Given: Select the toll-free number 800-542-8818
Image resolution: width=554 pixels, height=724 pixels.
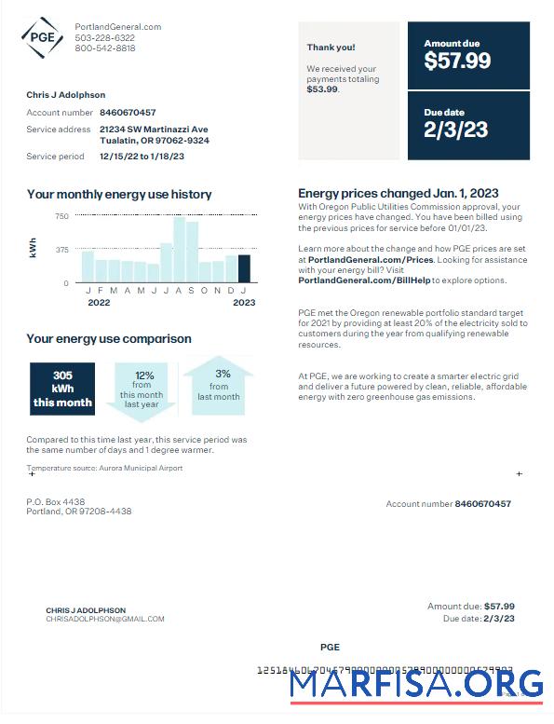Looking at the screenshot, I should pos(104,48).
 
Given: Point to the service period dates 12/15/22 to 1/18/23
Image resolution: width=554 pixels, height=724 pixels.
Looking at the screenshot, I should pos(142,157).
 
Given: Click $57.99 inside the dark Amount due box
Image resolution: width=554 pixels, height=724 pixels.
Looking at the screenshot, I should pos(457,61).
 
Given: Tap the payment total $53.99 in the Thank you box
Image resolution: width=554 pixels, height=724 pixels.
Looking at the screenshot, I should pos(322,89).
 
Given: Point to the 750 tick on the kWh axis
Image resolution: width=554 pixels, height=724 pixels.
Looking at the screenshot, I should pos(61,216).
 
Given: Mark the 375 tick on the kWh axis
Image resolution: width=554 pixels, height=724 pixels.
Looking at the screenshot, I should pos(61,249).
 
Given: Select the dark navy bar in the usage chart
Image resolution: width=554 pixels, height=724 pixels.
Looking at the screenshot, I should pos(244,268).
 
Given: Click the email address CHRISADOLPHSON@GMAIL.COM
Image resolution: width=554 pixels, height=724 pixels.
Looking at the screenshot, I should pos(104,619).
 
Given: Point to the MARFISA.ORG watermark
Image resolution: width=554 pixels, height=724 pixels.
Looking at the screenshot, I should pos(415,685).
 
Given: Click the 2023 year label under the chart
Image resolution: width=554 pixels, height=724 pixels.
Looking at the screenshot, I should pos(244,303).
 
